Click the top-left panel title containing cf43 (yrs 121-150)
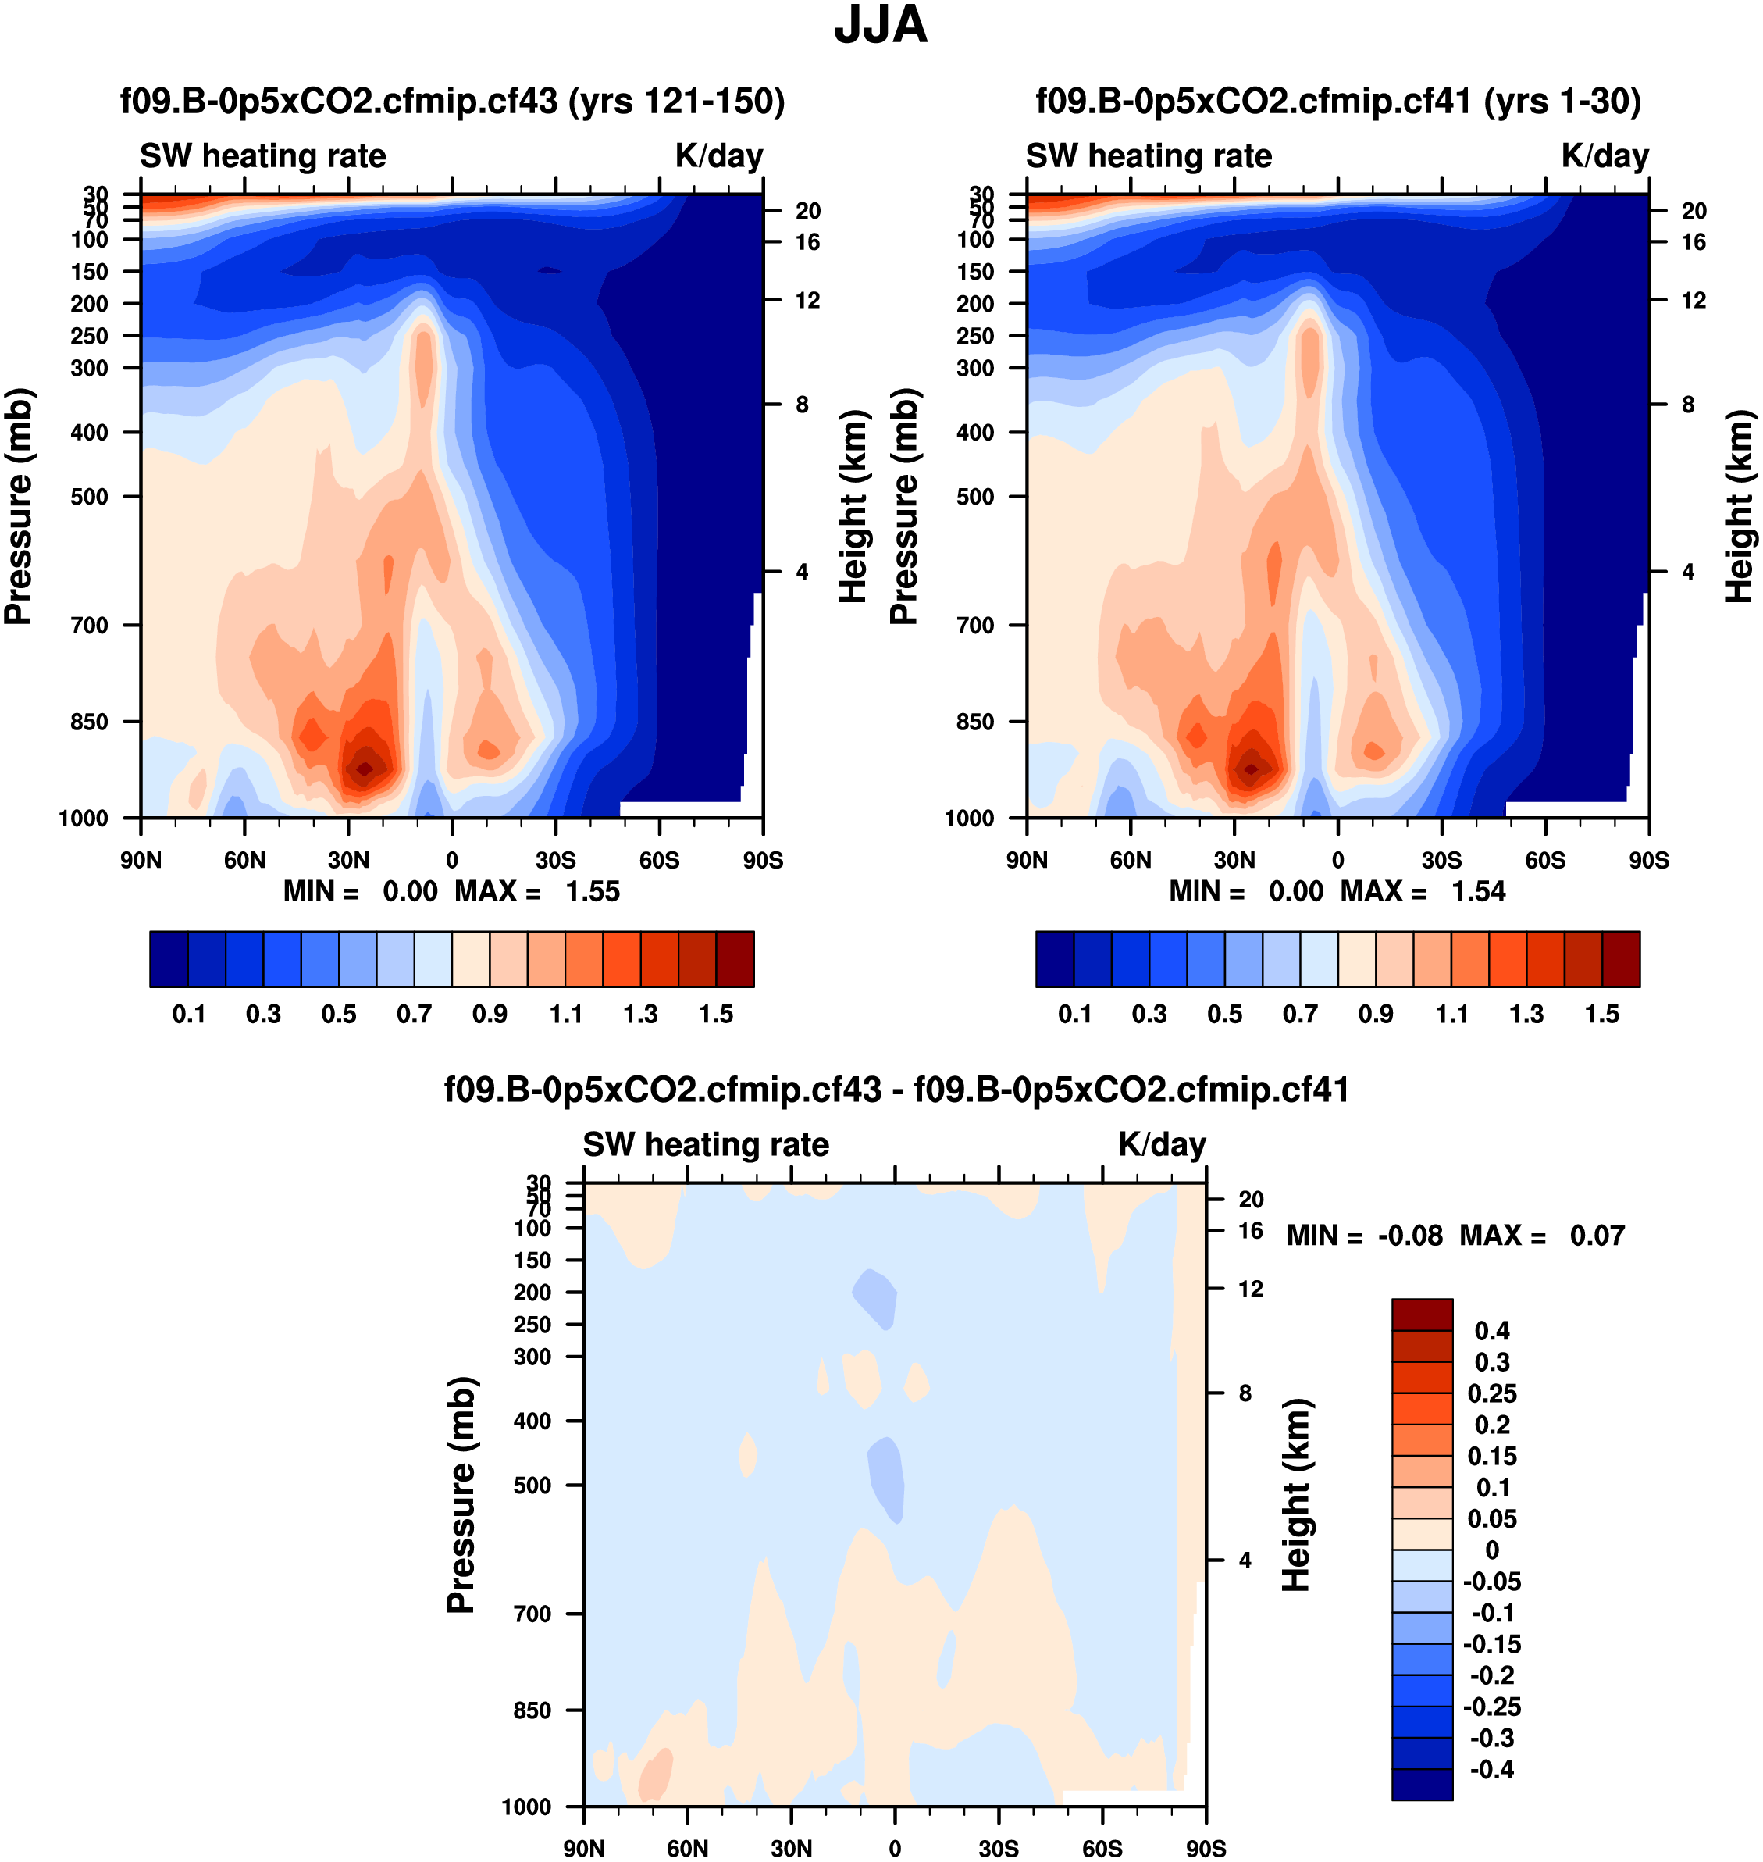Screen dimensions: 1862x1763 [452, 102]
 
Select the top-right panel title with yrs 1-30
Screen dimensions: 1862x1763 [1338, 102]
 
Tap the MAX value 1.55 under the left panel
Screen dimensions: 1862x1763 [592, 891]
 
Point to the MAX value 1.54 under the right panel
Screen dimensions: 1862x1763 [1478, 891]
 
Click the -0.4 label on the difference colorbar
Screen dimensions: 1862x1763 [1492, 1769]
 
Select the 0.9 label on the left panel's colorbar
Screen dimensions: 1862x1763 [490, 1015]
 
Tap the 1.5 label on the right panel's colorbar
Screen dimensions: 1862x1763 [1601, 1015]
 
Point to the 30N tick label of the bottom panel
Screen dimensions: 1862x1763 [791, 1849]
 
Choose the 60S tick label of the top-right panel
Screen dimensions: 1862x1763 [1545, 860]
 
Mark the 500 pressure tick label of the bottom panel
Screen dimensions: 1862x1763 [532, 1485]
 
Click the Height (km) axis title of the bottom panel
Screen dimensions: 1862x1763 [1296, 1494]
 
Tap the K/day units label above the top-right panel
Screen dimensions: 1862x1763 [1605, 156]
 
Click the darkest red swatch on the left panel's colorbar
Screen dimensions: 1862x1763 [735, 959]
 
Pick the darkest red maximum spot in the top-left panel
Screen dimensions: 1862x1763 [365, 769]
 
